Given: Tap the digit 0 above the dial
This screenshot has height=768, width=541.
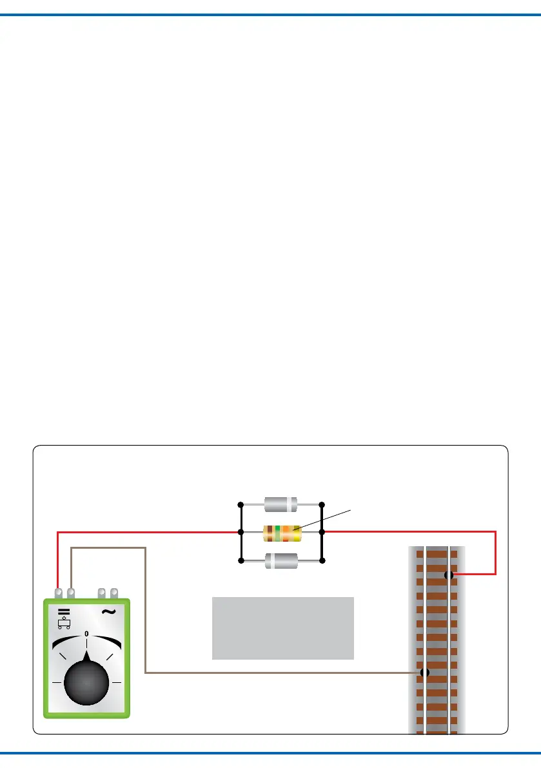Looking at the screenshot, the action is point(86,633).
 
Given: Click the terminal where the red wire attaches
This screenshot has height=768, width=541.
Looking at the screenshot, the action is point(59,591).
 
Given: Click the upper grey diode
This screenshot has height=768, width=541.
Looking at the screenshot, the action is point(280,504).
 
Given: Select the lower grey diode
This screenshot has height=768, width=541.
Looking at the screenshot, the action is point(280,560).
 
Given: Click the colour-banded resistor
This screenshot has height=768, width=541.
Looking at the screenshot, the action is point(282,533).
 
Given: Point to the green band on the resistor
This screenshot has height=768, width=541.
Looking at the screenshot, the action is point(277,533).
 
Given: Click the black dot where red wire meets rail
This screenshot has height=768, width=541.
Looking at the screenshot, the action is point(449,575).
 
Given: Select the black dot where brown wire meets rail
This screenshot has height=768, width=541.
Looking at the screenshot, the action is point(424,673).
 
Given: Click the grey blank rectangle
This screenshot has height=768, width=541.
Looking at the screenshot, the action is point(282,628).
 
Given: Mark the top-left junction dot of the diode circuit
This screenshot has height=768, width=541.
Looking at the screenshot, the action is point(241,504).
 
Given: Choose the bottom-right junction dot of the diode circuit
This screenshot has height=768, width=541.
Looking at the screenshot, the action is point(322,561).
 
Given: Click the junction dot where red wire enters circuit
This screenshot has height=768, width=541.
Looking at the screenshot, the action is point(241,532).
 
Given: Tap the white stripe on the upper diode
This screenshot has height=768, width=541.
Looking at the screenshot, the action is point(293,504).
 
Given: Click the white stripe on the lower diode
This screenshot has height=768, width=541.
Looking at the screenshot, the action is point(270,560).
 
